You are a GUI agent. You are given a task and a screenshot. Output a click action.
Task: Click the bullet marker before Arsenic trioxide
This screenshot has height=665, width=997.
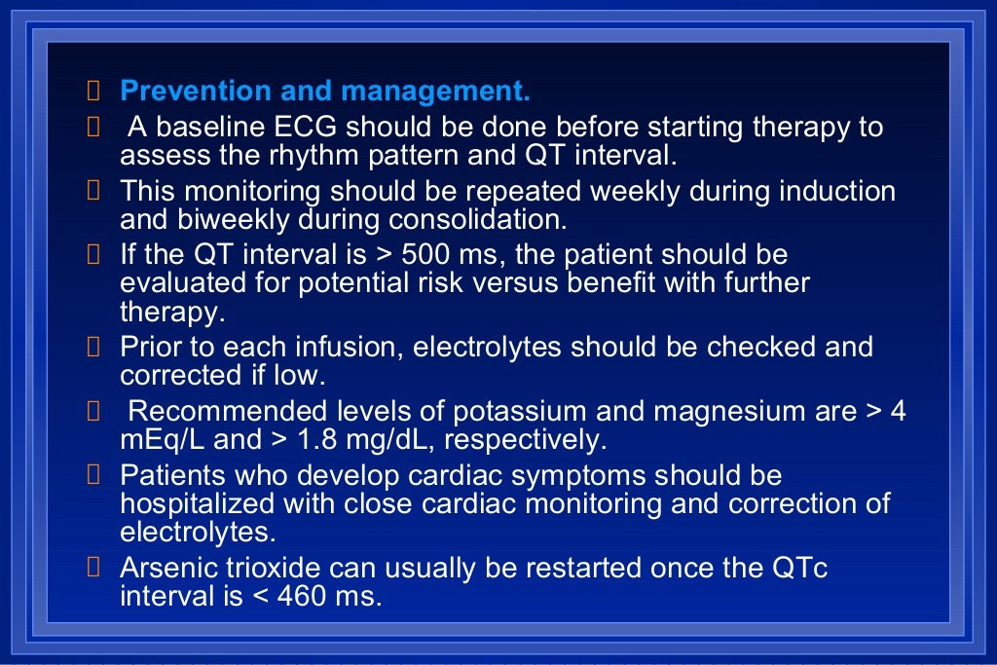(x=93, y=568)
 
